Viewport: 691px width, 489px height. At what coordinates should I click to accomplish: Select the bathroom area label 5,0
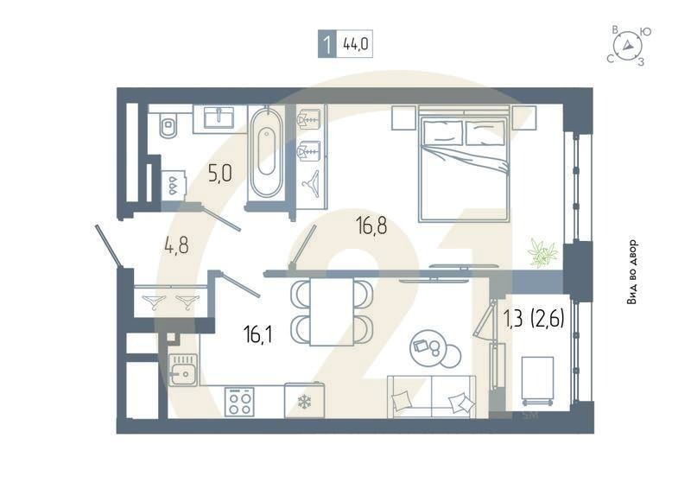point(220,174)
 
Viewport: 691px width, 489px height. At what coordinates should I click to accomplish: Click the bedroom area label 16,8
point(371,226)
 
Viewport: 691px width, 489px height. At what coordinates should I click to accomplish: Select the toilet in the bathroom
point(168,126)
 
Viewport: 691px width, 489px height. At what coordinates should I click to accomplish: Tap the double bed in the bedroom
point(464,164)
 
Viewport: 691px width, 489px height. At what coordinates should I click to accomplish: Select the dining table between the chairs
point(333,310)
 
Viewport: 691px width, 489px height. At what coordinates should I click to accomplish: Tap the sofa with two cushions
point(431,398)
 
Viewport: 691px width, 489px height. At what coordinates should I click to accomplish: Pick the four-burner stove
point(239,402)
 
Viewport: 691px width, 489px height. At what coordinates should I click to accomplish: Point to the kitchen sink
point(183,372)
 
